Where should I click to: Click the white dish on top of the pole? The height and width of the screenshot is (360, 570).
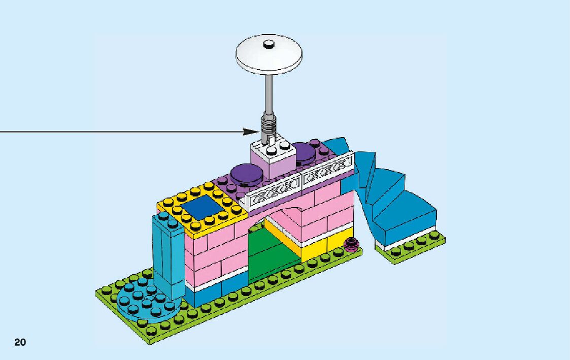coord(269,56)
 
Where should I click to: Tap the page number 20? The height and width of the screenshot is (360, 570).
coord(20,342)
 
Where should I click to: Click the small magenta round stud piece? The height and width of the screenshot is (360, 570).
coord(349,245)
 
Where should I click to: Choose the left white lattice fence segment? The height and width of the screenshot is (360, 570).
coord(274,191)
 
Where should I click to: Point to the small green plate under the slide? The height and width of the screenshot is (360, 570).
coord(411,249)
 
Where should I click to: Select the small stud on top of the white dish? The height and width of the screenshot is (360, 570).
coord(269,44)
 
